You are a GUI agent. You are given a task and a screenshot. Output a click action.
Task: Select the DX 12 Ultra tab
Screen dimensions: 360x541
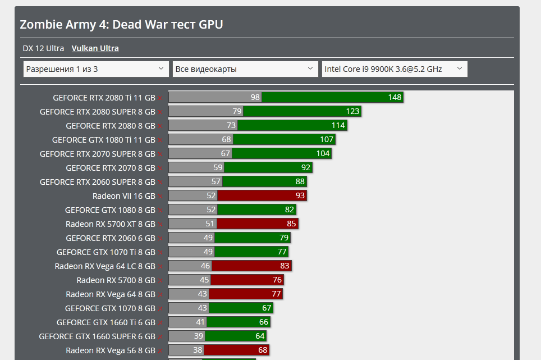43,48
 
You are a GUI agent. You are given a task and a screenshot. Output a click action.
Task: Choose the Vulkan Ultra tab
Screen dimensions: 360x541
95,48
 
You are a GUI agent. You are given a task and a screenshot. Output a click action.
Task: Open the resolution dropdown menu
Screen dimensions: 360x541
96,69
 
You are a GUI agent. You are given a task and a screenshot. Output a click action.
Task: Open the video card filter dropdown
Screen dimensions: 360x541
245,69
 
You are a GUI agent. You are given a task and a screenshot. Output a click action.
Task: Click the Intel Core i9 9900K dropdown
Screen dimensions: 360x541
394,69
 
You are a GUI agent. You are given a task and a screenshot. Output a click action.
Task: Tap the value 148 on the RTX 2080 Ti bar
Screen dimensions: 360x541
395,98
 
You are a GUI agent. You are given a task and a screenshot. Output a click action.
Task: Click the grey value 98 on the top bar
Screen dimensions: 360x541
255,98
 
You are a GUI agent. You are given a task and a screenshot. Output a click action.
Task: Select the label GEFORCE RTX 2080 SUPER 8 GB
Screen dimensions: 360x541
97,112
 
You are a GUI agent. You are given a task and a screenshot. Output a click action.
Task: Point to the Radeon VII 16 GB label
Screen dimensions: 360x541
123,196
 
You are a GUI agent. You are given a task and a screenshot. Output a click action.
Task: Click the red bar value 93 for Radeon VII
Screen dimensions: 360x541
300,196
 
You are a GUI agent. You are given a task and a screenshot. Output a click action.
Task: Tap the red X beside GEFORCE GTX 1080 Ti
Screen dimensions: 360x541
160,140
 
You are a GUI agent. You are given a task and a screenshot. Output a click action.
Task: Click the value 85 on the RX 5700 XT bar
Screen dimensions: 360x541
291,224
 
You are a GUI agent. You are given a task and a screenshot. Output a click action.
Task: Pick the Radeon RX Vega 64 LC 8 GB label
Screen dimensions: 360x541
105,266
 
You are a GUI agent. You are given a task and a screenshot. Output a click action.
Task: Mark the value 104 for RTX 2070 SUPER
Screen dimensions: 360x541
323,154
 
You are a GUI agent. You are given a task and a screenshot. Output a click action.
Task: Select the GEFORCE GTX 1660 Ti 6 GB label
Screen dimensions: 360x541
106,322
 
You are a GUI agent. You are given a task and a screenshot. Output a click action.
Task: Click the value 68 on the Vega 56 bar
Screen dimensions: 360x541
262,350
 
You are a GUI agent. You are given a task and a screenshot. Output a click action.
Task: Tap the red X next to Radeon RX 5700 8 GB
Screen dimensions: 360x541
160,280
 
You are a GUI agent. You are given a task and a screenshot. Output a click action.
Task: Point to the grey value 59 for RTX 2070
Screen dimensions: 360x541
218,168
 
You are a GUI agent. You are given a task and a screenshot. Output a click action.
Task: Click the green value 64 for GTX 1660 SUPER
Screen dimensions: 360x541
260,336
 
